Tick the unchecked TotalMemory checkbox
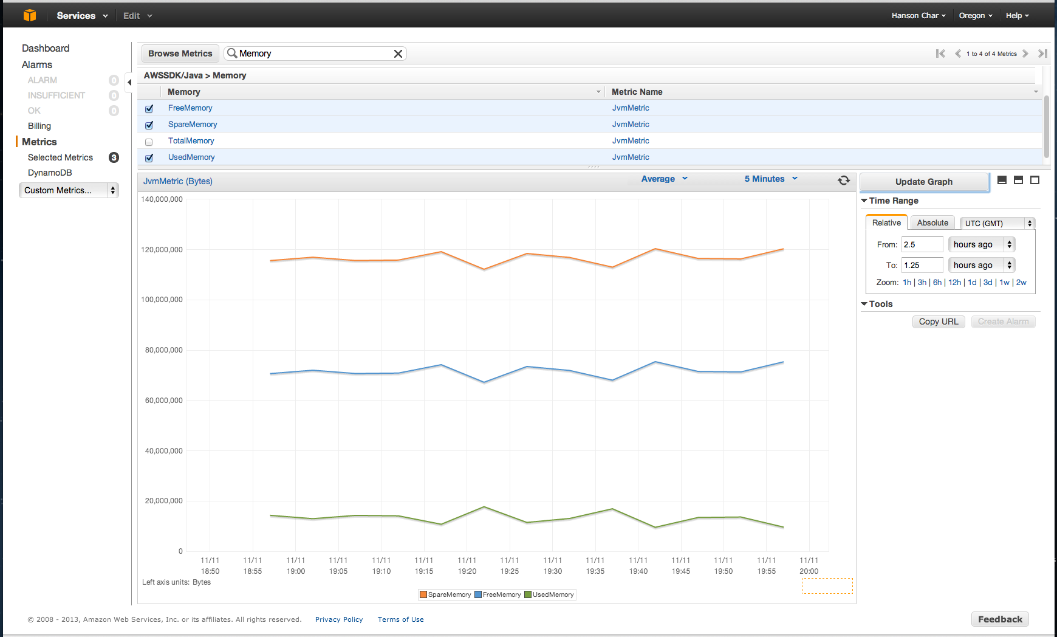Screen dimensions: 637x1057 149,142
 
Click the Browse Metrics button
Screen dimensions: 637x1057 180,53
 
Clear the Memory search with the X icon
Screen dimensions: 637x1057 398,53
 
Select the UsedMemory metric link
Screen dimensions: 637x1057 191,157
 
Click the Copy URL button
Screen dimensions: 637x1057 938,322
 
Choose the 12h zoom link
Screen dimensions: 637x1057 954,283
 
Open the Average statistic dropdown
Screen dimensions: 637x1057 664,179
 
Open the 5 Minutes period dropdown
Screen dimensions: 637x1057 770,179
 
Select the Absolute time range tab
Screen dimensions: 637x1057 932,223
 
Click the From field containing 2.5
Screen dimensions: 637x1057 922,244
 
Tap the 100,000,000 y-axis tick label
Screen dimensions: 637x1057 162,300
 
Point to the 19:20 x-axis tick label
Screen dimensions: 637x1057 467,566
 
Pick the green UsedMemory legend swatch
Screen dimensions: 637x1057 528,594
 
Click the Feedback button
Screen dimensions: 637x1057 999,619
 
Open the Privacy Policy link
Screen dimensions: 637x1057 338,619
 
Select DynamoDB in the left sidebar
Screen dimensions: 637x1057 50,173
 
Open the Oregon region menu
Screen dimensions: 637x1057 975,16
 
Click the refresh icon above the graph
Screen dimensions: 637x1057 844,180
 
